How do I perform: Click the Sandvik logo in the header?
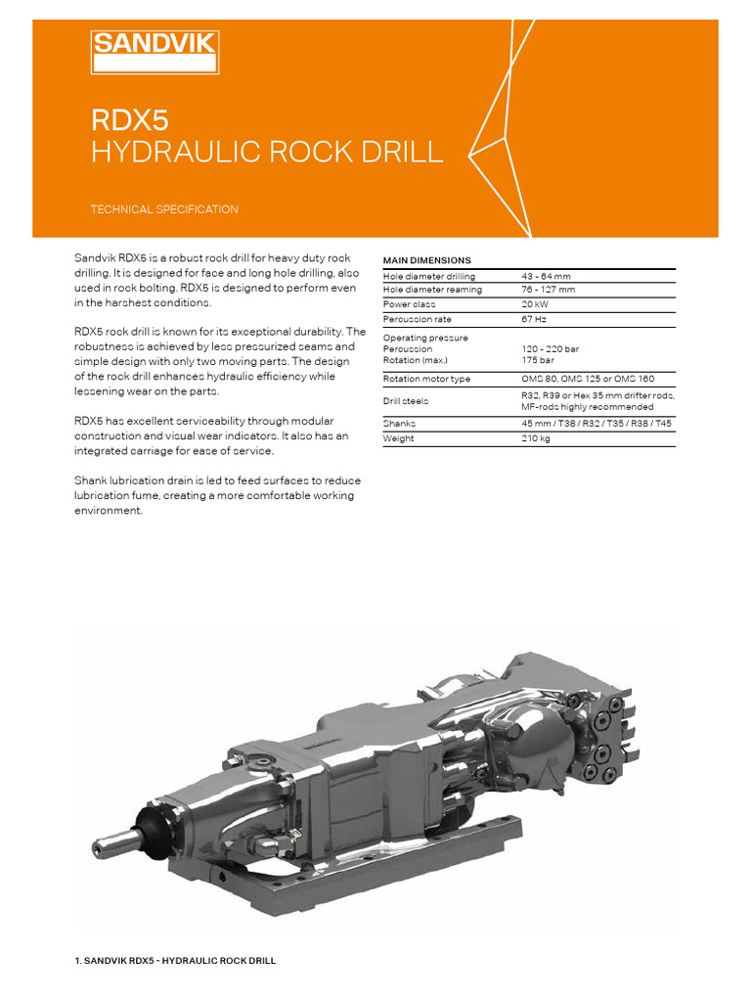pos(155,51)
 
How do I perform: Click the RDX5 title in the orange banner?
pos(129,119)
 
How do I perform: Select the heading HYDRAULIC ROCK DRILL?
pos(266,153)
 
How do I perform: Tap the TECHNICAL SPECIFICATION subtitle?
pos(163,209)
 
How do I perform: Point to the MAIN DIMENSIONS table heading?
pos(426,260)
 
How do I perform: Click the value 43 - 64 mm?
pos(548,277)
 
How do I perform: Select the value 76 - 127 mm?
pos(549,290)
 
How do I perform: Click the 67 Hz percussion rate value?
pos(534,319)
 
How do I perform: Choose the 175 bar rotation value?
pos(538,359)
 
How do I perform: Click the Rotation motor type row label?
pos(426,379)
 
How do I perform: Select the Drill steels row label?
pos(405,401)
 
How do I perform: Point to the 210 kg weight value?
pos(536,438)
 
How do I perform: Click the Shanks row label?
pos(399,424)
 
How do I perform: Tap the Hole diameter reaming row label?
pos(431,290)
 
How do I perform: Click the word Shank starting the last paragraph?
pos(91,479)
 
